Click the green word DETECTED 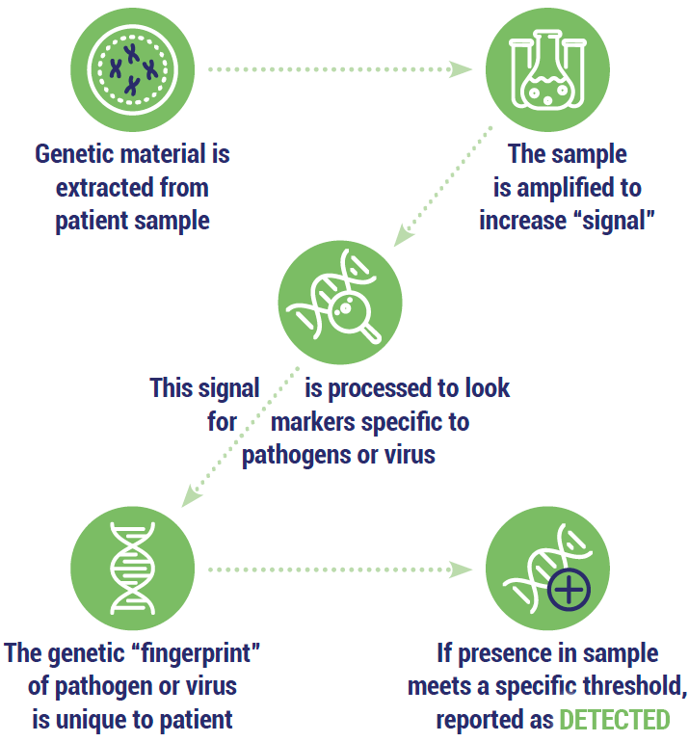click(615, 720)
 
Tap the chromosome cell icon click(133, 69)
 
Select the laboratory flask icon click(547, 69)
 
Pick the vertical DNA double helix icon click(133, 569)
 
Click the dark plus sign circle click(569, 589)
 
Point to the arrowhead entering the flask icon click(460, 69)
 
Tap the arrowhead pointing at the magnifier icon click(403, 235)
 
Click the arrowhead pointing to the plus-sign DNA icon click(460, 570)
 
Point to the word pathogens click(295, 456)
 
